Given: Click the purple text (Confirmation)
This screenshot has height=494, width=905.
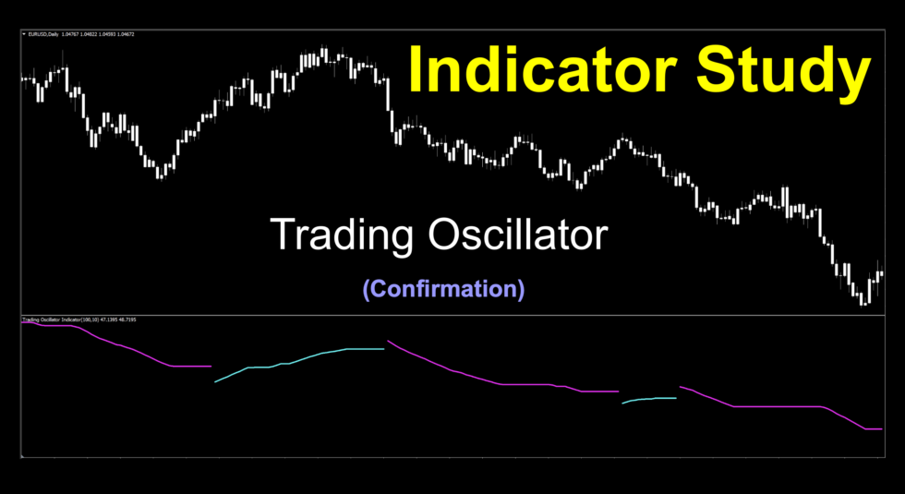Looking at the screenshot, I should tap(443, 289).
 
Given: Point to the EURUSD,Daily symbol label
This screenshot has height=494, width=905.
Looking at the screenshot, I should tap(42, 35).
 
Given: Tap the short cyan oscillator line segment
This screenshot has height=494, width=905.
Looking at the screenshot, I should tap(650, 399).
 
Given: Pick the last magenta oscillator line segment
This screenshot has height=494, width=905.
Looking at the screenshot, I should tap(776, 406).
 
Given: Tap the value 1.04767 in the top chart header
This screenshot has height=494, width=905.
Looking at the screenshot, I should tap(70, 35).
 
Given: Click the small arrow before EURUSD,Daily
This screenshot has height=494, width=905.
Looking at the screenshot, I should tap(24, 35).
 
